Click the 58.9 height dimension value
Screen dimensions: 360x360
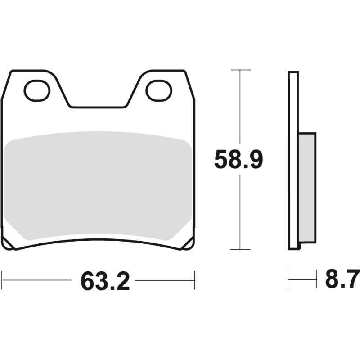[238, 160]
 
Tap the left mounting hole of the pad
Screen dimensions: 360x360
[37, 90]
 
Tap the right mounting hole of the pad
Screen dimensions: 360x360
[159, 90]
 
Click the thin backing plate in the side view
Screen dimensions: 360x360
[293, 160]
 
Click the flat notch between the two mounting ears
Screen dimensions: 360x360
[98, 108]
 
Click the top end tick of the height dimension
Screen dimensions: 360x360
[240, 70]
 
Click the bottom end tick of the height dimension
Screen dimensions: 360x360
[240, 249]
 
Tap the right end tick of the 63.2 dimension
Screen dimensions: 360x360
[194, 280]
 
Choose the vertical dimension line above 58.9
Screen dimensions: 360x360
[240, 108]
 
